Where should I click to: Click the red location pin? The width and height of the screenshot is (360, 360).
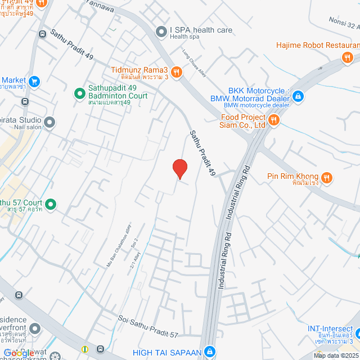coord(179,168)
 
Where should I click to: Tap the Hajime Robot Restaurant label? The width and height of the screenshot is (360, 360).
coord(317,45)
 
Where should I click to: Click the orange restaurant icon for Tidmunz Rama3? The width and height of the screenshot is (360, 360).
coord(177,71)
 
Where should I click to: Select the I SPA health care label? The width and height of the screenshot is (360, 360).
coord(201,30)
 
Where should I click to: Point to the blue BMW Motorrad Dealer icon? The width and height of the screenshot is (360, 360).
coord(298,96)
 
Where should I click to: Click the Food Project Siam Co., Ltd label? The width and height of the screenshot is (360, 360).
coord(242,121)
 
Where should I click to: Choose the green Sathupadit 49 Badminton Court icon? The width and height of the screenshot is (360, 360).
coord(80,90)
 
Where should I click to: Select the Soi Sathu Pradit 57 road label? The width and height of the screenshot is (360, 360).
coord(148,327)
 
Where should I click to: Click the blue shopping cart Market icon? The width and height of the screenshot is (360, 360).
coord(35,81)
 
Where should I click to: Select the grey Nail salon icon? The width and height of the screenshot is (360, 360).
coord(49,121)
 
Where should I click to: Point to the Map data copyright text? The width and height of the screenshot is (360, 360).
coord(336,355)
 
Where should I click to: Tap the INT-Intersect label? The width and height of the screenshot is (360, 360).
coord(330,328)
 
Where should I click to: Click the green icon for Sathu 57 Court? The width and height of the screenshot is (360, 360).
coord(51,204)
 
